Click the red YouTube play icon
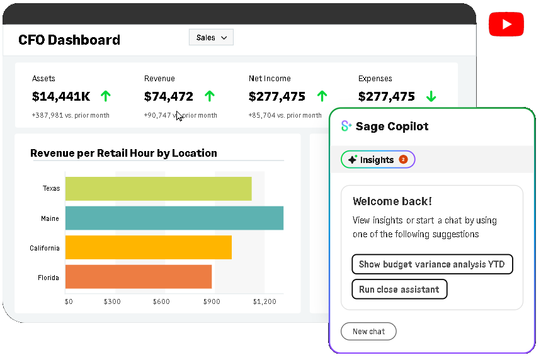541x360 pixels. coord(506,24)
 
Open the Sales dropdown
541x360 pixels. coord(211,38)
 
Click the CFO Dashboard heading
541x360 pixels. coord(69,40)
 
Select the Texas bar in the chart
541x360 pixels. coord(158,189)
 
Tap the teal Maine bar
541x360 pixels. coord(174,218)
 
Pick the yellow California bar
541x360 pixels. coord(148,247)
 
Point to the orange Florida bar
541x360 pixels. coord(138,277)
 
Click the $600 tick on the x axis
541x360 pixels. coord(161,302)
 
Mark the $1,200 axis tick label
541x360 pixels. coord(265,302)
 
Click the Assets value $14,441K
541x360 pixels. coord(61,97)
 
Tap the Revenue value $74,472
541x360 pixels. coord(169,97)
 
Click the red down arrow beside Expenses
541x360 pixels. coord(431,97)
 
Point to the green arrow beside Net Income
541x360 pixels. coord(322,97)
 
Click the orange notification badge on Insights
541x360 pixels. coord(403,160)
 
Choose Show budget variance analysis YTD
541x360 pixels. coord(432,264)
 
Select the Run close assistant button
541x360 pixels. coord(399,290)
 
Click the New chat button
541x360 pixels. coord(368,332)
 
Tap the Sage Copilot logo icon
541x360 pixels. coord(346,127)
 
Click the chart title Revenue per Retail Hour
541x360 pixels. coord(123,153)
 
